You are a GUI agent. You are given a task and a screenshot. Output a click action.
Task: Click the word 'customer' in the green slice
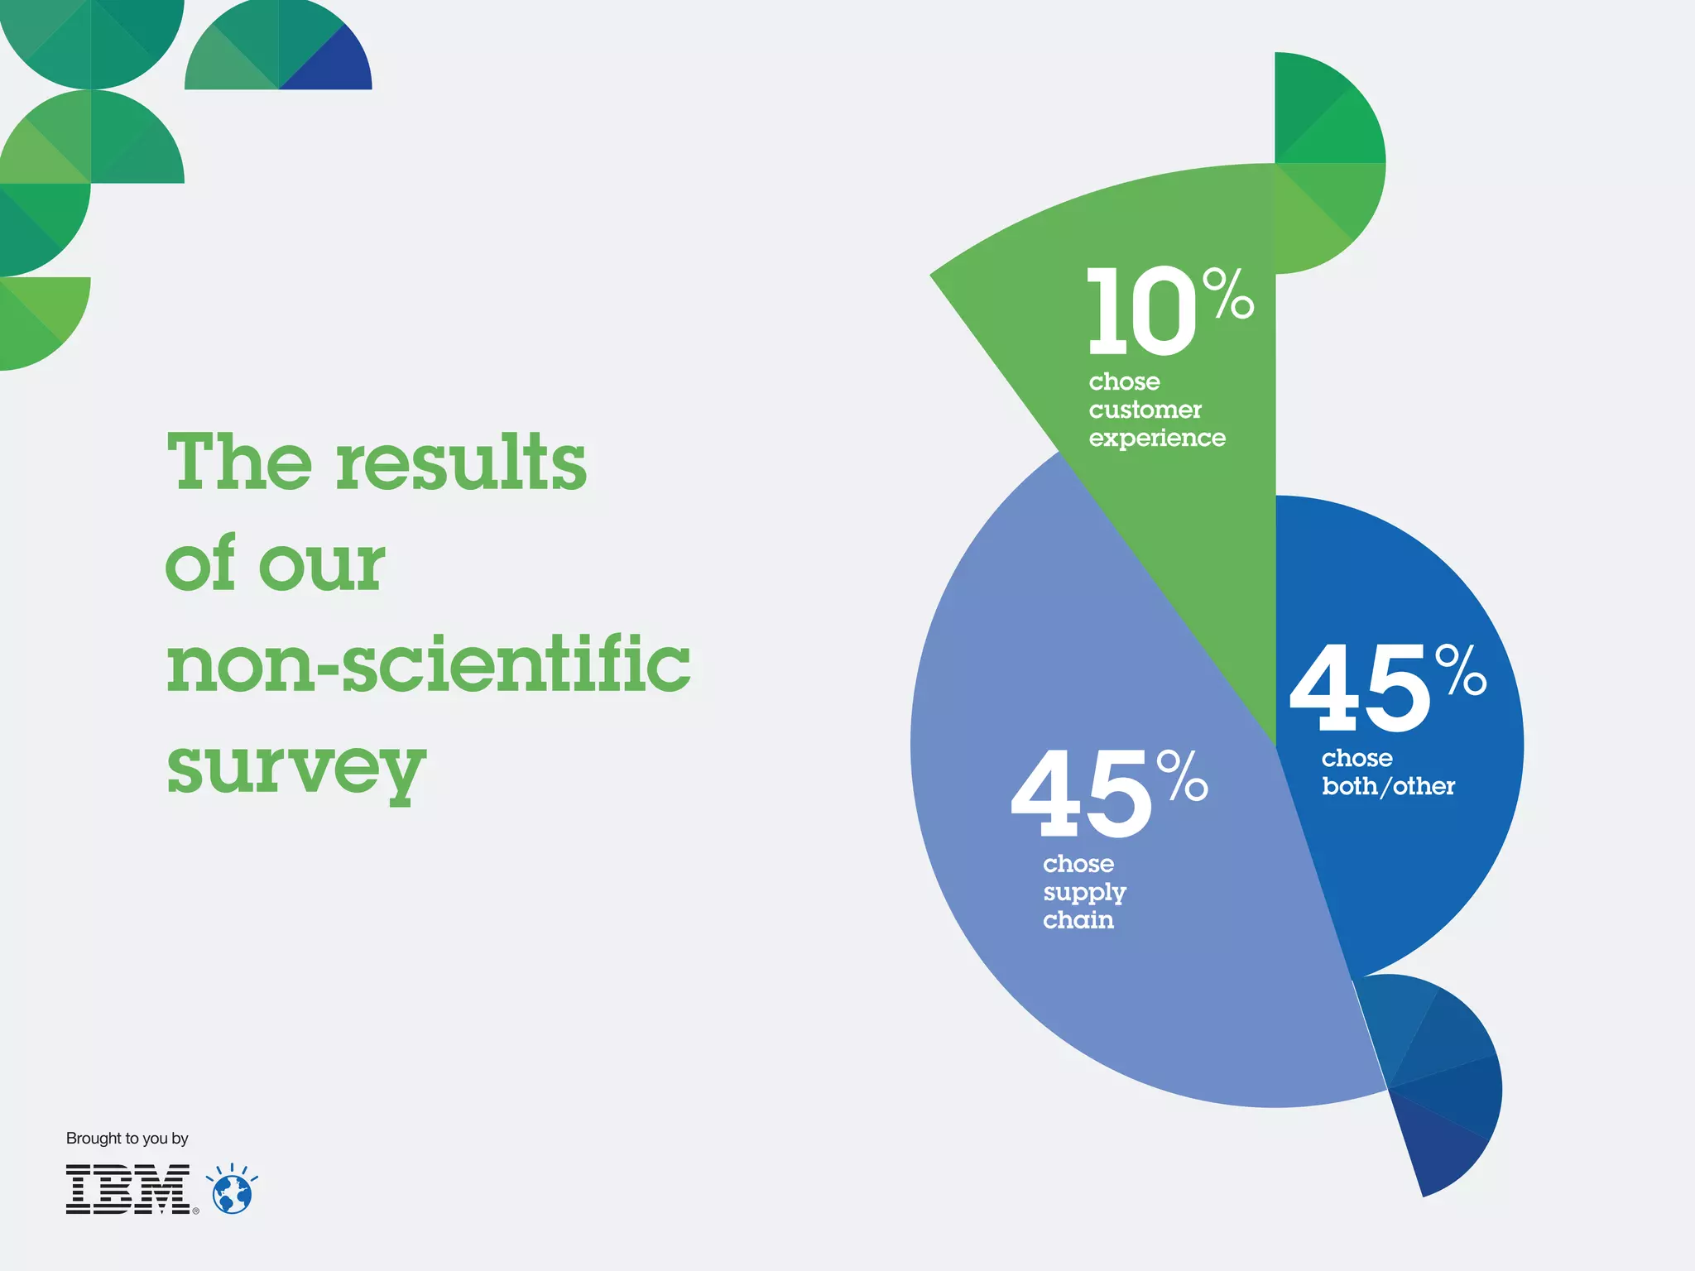1145,410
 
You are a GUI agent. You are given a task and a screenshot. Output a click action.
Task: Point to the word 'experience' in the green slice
1157,439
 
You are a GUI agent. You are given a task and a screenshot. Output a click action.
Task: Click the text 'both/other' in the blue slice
1388,787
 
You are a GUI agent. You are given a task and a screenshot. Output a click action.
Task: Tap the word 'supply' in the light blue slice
1084,893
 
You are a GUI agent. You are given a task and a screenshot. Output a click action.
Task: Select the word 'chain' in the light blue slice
1078,921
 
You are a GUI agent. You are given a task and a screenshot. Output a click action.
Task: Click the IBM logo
128,1189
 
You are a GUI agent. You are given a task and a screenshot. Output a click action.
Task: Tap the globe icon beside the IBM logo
233,1193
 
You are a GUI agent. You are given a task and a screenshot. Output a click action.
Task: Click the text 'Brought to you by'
127,1139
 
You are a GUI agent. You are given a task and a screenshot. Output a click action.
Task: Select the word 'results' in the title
461,463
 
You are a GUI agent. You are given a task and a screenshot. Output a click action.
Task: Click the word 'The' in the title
239,463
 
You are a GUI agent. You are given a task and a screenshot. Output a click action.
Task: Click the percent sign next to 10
1228,293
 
